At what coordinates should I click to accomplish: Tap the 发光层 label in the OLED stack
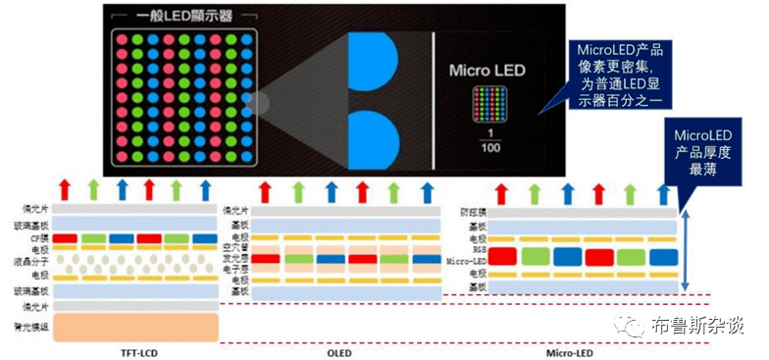pyautogui.click(x=232, y=258)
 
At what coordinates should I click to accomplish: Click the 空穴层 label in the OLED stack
pyautogui.click(x=232, y=247)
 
